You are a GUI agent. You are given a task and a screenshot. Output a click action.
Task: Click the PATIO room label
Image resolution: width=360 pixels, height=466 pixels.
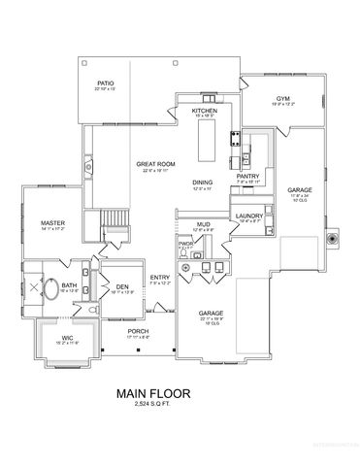(x=106, y=84)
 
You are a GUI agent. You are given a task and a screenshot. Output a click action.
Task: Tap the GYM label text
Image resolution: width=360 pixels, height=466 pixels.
(x=282, y=98)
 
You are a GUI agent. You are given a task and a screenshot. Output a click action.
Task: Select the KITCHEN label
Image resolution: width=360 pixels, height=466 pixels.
(x=204, y=112)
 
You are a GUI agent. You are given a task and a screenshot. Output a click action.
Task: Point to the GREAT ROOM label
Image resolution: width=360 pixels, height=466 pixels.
(x=153, y=164)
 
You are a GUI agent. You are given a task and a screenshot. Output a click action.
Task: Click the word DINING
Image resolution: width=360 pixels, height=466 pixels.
(x=202, y=182)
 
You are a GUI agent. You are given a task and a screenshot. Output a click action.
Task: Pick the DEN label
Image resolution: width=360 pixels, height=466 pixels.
(x=122, y=286)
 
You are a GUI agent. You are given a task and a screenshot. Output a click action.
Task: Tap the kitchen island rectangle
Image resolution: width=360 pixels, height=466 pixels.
(x=207, y=141)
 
